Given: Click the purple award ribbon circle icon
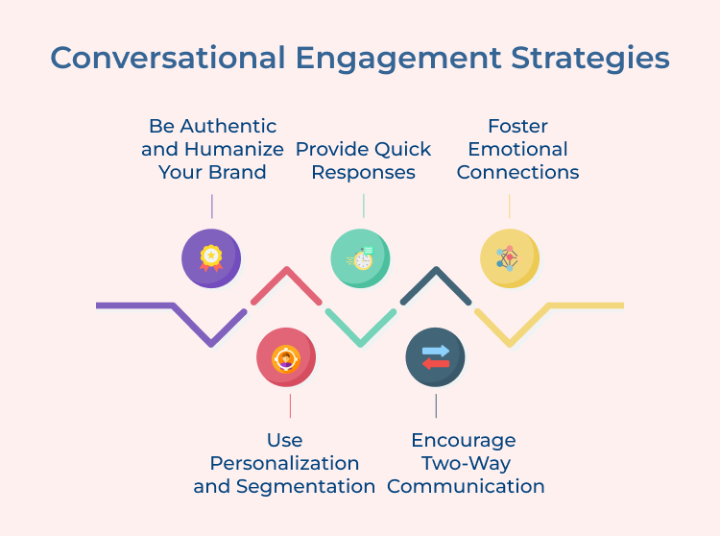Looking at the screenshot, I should (x=210, y=258).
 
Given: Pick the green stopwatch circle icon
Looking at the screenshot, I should (x=360, y=258).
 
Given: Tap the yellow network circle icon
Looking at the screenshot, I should (x=509, y=258).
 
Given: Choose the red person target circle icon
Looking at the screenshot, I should (x=285, y=357).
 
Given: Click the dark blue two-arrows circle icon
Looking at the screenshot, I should (x=435, y=357).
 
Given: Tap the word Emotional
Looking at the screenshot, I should (x=517, y=149).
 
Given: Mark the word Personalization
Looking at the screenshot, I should (x=284, y=463).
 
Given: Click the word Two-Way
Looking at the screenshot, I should (x=465, y=463).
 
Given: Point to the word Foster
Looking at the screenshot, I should (x=517, y=126).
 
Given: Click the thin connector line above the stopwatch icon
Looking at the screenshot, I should (x=363, y=206).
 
